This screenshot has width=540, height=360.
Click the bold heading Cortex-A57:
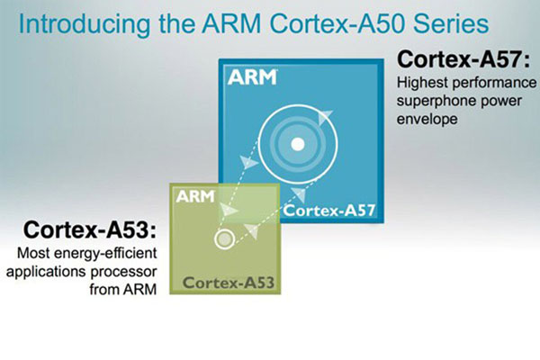tap(463, 59)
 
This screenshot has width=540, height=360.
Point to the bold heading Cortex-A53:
tap(90, 229)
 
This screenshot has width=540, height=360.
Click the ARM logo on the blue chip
tap(252, 77)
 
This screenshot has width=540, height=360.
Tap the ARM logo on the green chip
tap(195, 197)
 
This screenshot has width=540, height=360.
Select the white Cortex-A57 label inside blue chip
tap(328, 210)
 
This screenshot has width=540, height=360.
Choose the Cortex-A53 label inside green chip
tap(229, 283)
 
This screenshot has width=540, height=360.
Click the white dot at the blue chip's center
tap(298, 144)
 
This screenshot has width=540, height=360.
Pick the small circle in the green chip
tap(224, 238)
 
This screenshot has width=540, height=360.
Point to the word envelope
tap(427, 119)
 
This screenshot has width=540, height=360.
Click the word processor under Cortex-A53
tap(123, 272)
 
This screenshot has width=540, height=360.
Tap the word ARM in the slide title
tap(231, 23)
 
